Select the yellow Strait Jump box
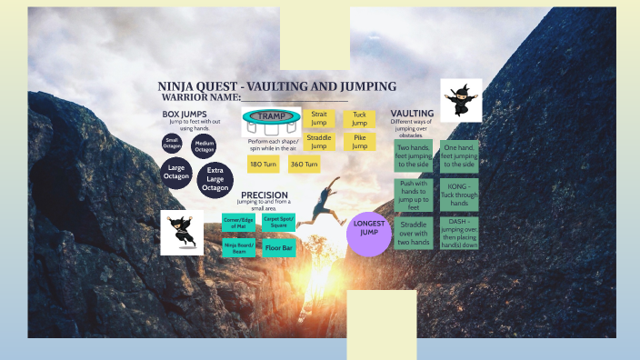[318, 119]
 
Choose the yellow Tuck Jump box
[359, 119]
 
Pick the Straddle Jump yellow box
[318, 142]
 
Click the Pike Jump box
[359, 142]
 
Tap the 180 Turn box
[263, 165]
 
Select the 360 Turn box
[304, 165]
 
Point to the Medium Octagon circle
[205, 145]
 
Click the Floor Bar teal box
[278, 246]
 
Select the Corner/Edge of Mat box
[238, 222]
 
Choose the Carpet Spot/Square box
[278, 222]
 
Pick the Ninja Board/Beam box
[238, 246]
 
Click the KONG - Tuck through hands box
[458, 195]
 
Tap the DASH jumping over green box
[458, 233]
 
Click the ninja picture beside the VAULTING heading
[461, 99]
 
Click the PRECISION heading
[264, 195]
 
